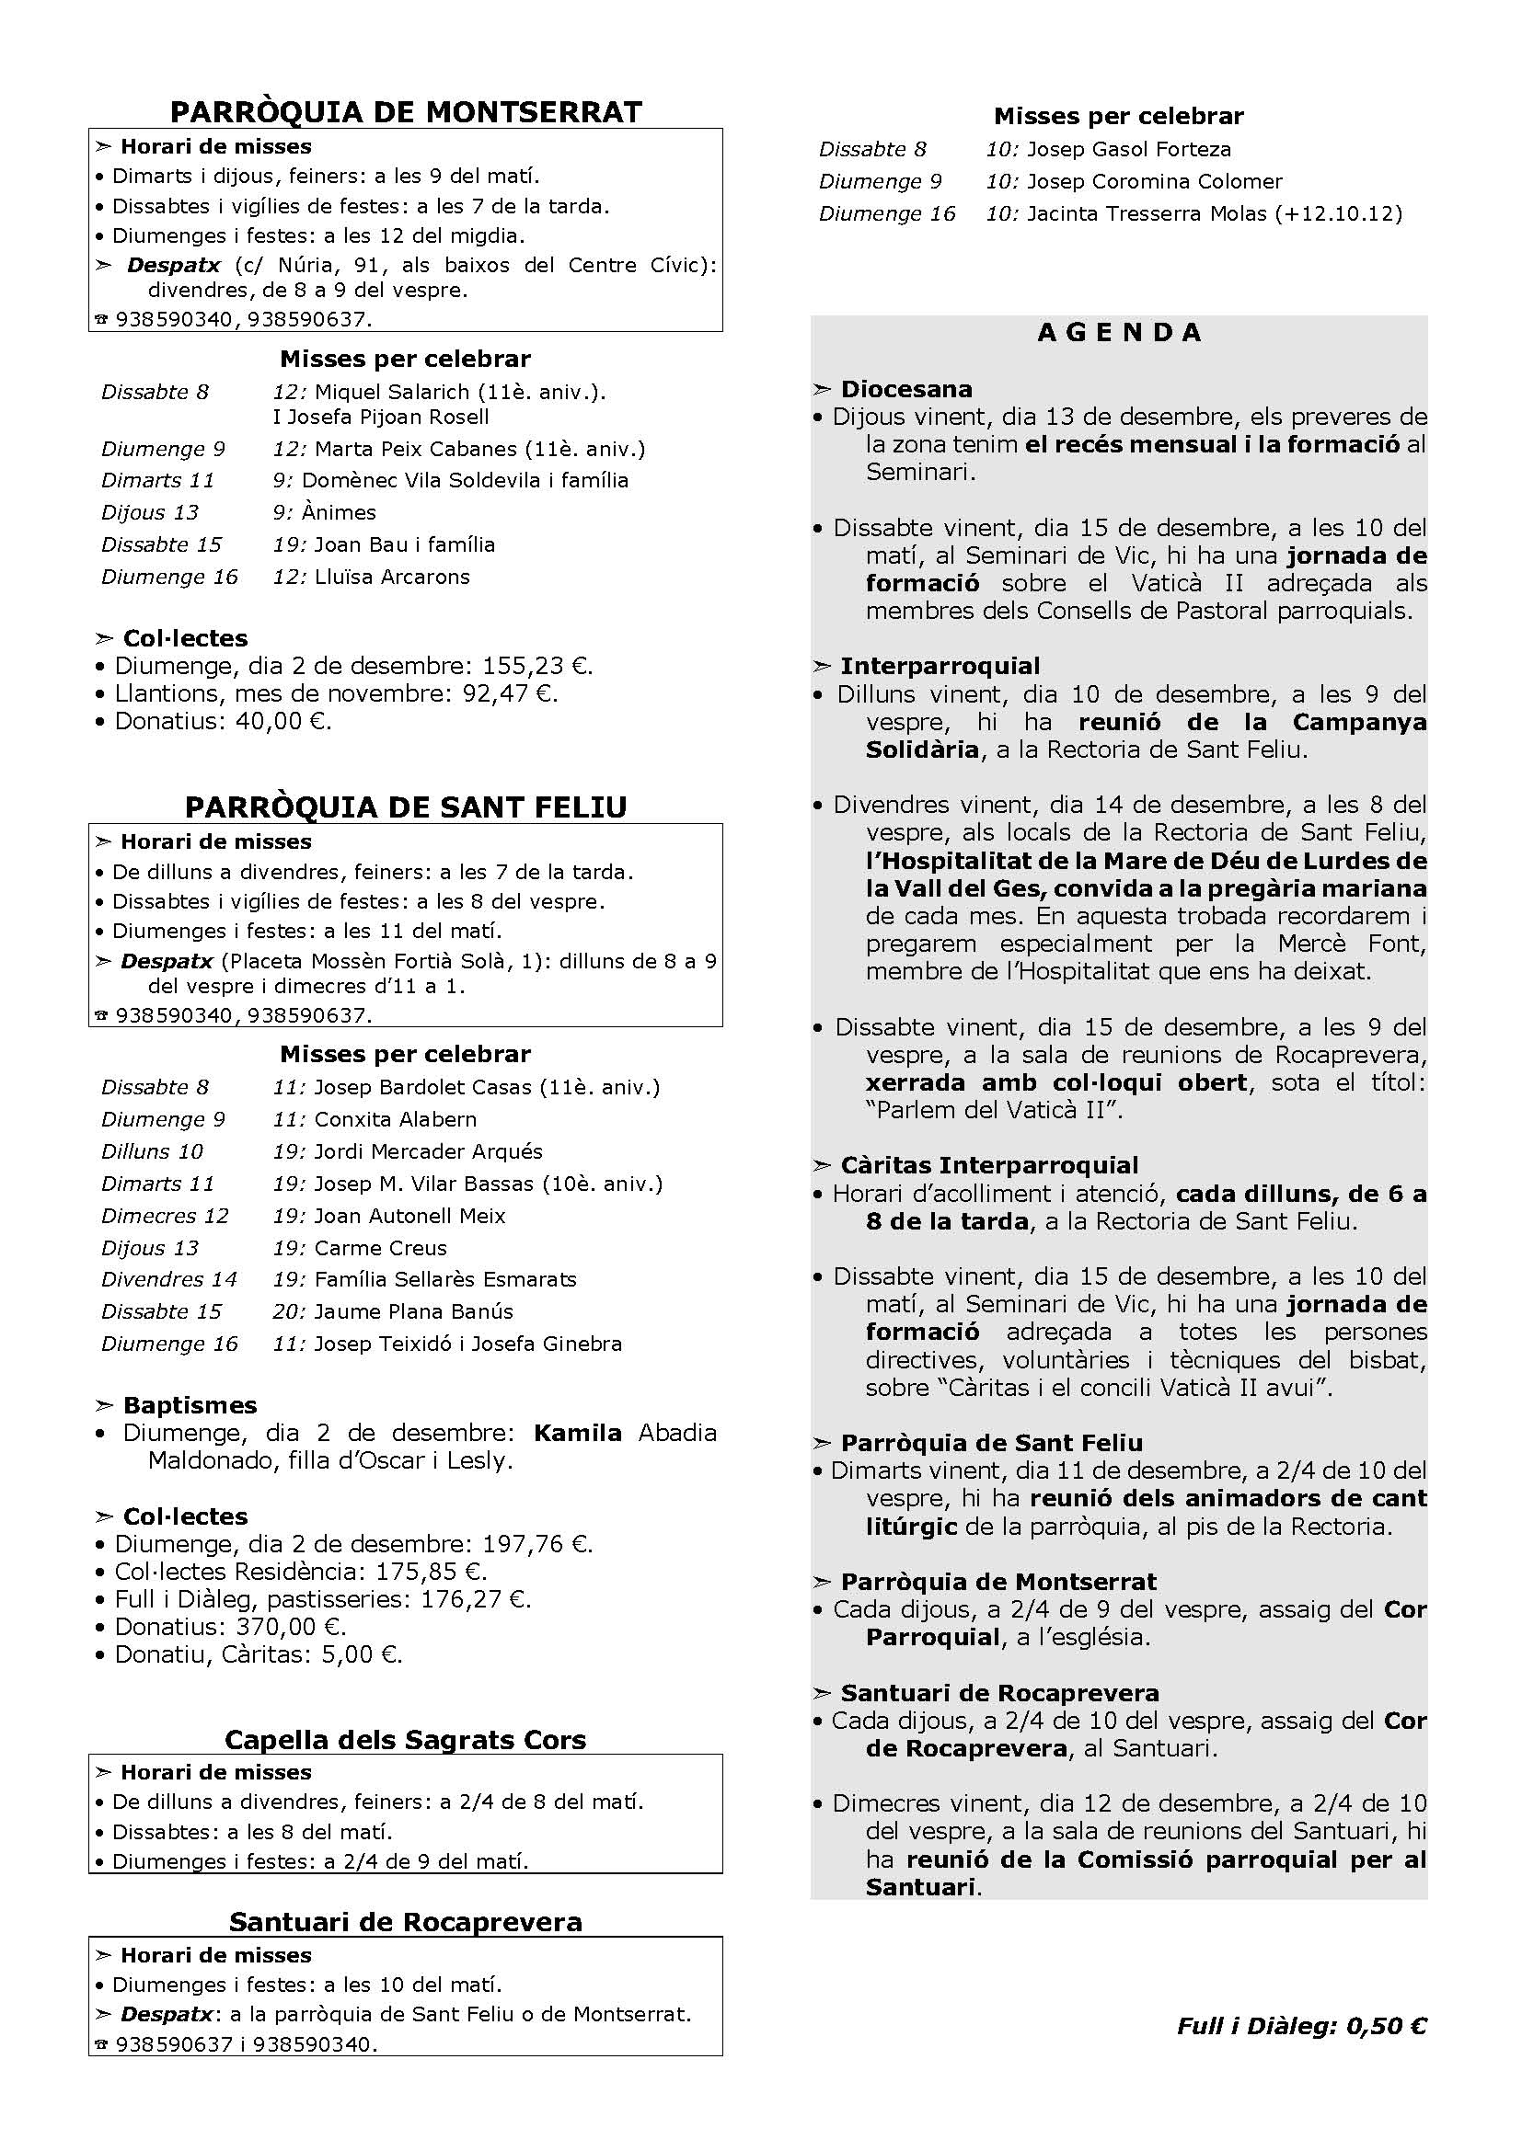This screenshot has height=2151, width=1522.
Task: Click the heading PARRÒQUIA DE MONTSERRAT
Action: click(x=406, y=111)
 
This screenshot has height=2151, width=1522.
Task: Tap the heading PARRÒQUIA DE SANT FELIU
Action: click(x=406, y=807)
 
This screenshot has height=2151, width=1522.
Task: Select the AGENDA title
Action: click(x=1119, y=333)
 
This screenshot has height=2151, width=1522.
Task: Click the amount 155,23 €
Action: click(x=536, y=666)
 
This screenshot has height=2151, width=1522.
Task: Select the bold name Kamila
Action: click(x=577, y=1433)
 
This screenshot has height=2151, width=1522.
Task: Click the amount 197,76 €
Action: click(x=536, y=1544)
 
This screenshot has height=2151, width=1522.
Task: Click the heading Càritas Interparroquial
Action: click(x=988, y=1165)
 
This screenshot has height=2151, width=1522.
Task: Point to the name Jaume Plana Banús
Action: click(x=413, y=1311)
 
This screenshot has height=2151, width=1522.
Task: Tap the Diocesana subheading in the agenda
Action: click(x=906, y=389)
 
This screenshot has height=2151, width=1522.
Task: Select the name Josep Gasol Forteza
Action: click(x=1128, y=149)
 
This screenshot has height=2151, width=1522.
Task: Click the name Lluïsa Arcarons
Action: click(x=392, y=578)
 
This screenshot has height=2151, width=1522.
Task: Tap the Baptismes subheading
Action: click(x=190, y=1405)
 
